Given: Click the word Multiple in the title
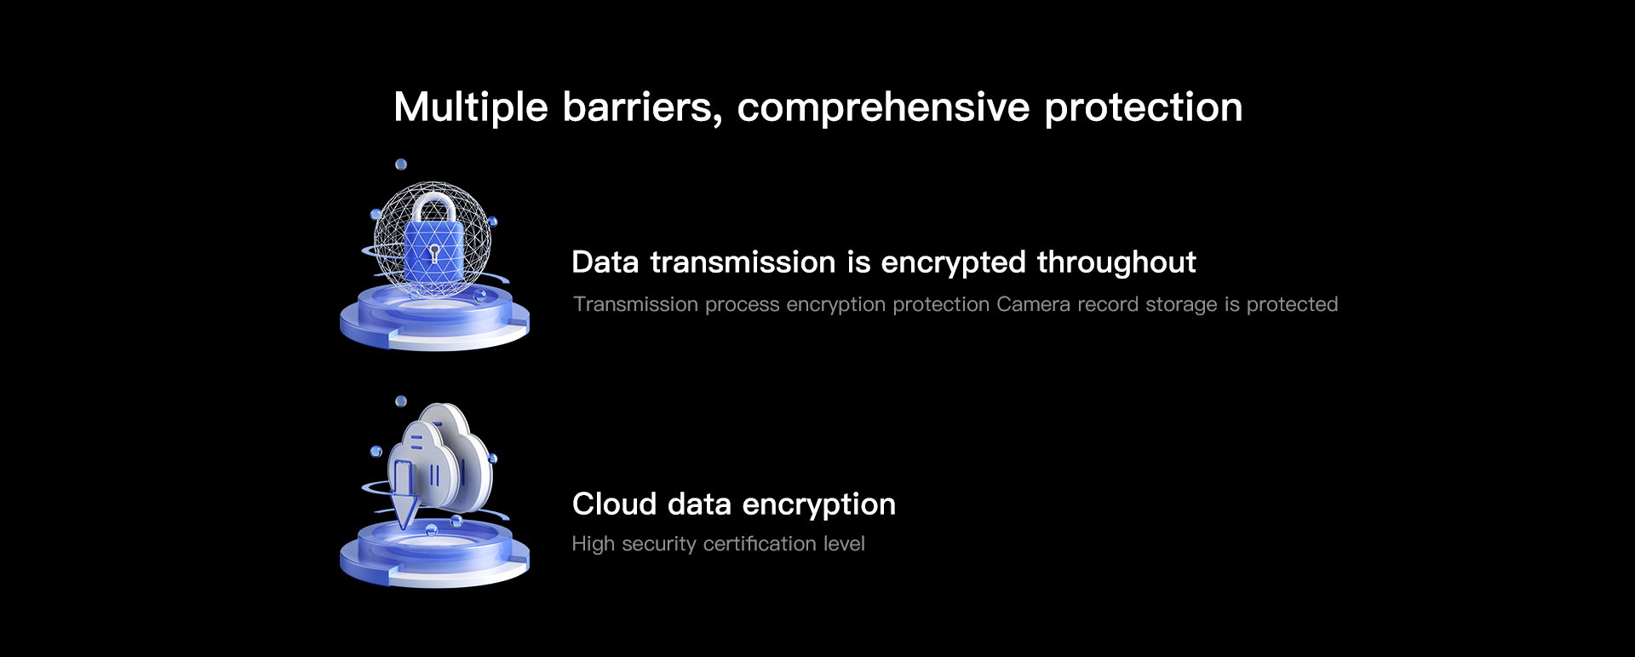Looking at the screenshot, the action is point(471,108).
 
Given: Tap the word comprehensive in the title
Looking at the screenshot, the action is point(884,108).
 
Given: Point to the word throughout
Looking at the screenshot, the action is point(1116,262).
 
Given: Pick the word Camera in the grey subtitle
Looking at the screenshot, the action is point(1033,304).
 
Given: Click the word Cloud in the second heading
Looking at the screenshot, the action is point(614,504).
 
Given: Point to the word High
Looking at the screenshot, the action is point(594,545).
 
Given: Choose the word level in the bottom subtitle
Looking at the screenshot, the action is point(844,544).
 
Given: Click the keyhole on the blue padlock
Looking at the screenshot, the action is point(434,253).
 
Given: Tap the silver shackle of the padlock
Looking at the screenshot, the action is point(434,208).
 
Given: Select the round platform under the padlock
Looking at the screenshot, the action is point(434,317).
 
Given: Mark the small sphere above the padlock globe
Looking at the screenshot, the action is point(401,164).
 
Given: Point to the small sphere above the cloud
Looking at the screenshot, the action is point(401,401).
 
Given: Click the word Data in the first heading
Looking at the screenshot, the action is point(605,262).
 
